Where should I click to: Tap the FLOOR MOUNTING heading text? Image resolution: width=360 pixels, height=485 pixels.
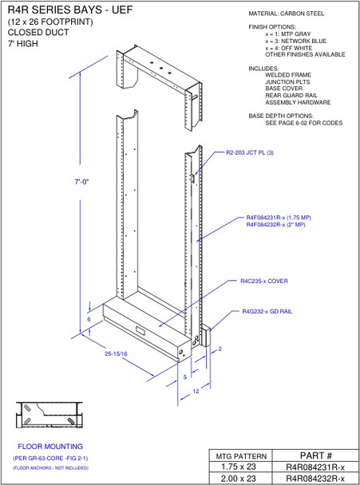50,446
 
